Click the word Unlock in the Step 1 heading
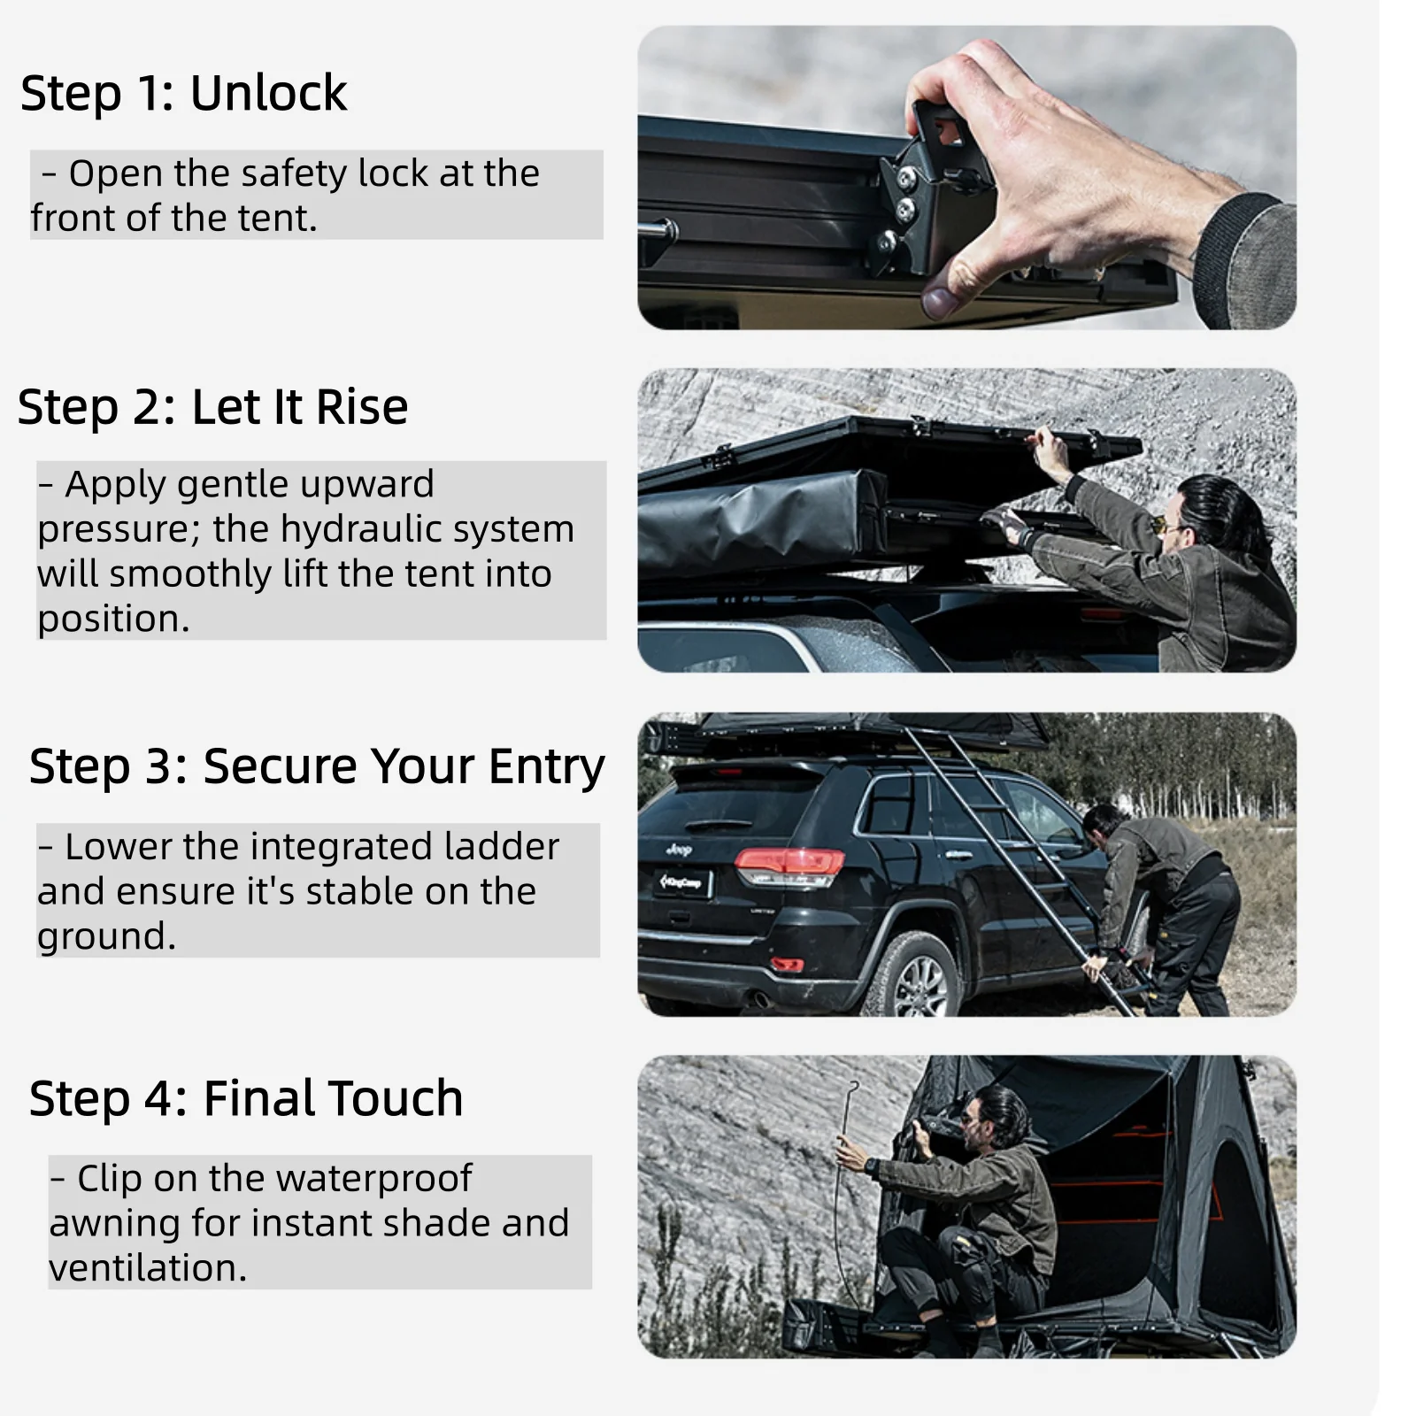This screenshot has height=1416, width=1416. click(268, 92)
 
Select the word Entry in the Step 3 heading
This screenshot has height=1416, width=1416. click(546, 768)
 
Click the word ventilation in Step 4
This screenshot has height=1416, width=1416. click(148, 1267)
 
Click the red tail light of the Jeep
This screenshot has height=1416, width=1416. click(789, 864)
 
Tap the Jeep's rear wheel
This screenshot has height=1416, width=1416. click(912, 978)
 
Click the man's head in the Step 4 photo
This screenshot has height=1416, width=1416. click(995, 1117)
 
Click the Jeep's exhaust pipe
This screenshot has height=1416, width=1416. click(759, 1000)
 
